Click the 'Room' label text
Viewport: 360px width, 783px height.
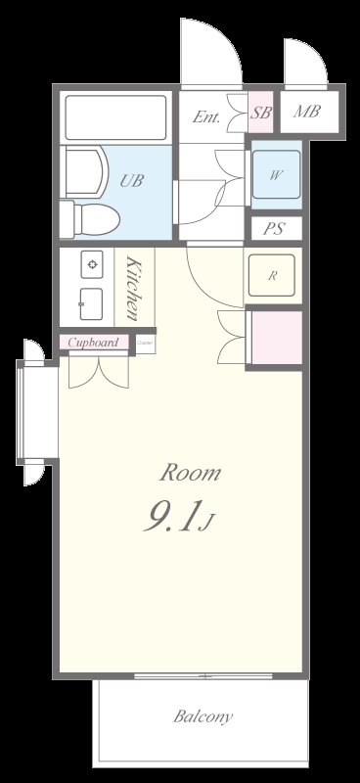(191, 474)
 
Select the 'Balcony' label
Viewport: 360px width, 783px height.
(203, 716)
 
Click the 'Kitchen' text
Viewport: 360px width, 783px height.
(134, 289)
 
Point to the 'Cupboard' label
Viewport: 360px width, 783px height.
(94, 343)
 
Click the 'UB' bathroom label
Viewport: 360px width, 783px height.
(130, 180)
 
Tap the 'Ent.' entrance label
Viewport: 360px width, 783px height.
(205, 117)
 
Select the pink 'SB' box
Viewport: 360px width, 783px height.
(260, 114)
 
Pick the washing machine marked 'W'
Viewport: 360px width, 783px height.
(277, 176)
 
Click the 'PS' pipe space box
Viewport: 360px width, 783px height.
(276, 229)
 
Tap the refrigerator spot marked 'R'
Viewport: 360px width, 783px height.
(273, 275)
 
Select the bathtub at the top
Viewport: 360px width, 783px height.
(117, 118)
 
